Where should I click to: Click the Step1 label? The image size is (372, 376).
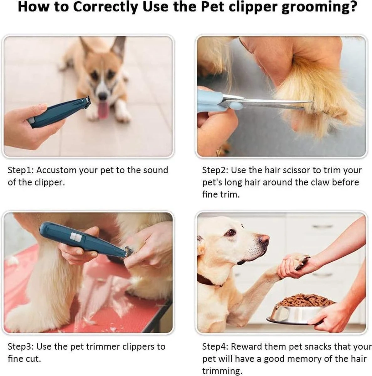pos(20,170)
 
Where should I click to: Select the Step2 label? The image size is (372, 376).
pos(215,170)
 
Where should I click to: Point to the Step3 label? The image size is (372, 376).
pos(21,347)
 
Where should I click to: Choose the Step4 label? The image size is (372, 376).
pos(215,347)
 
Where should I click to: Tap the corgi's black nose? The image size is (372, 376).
pos(102,97)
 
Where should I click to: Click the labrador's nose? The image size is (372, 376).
pos(264,240)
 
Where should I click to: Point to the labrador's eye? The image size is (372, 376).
pos(231,232)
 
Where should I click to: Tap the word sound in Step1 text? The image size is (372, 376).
pos(156,170)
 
